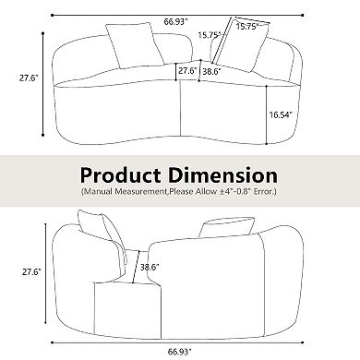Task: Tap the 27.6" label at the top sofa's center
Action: [x=187, y=69]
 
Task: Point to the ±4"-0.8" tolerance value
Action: [x=237, y=192]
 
